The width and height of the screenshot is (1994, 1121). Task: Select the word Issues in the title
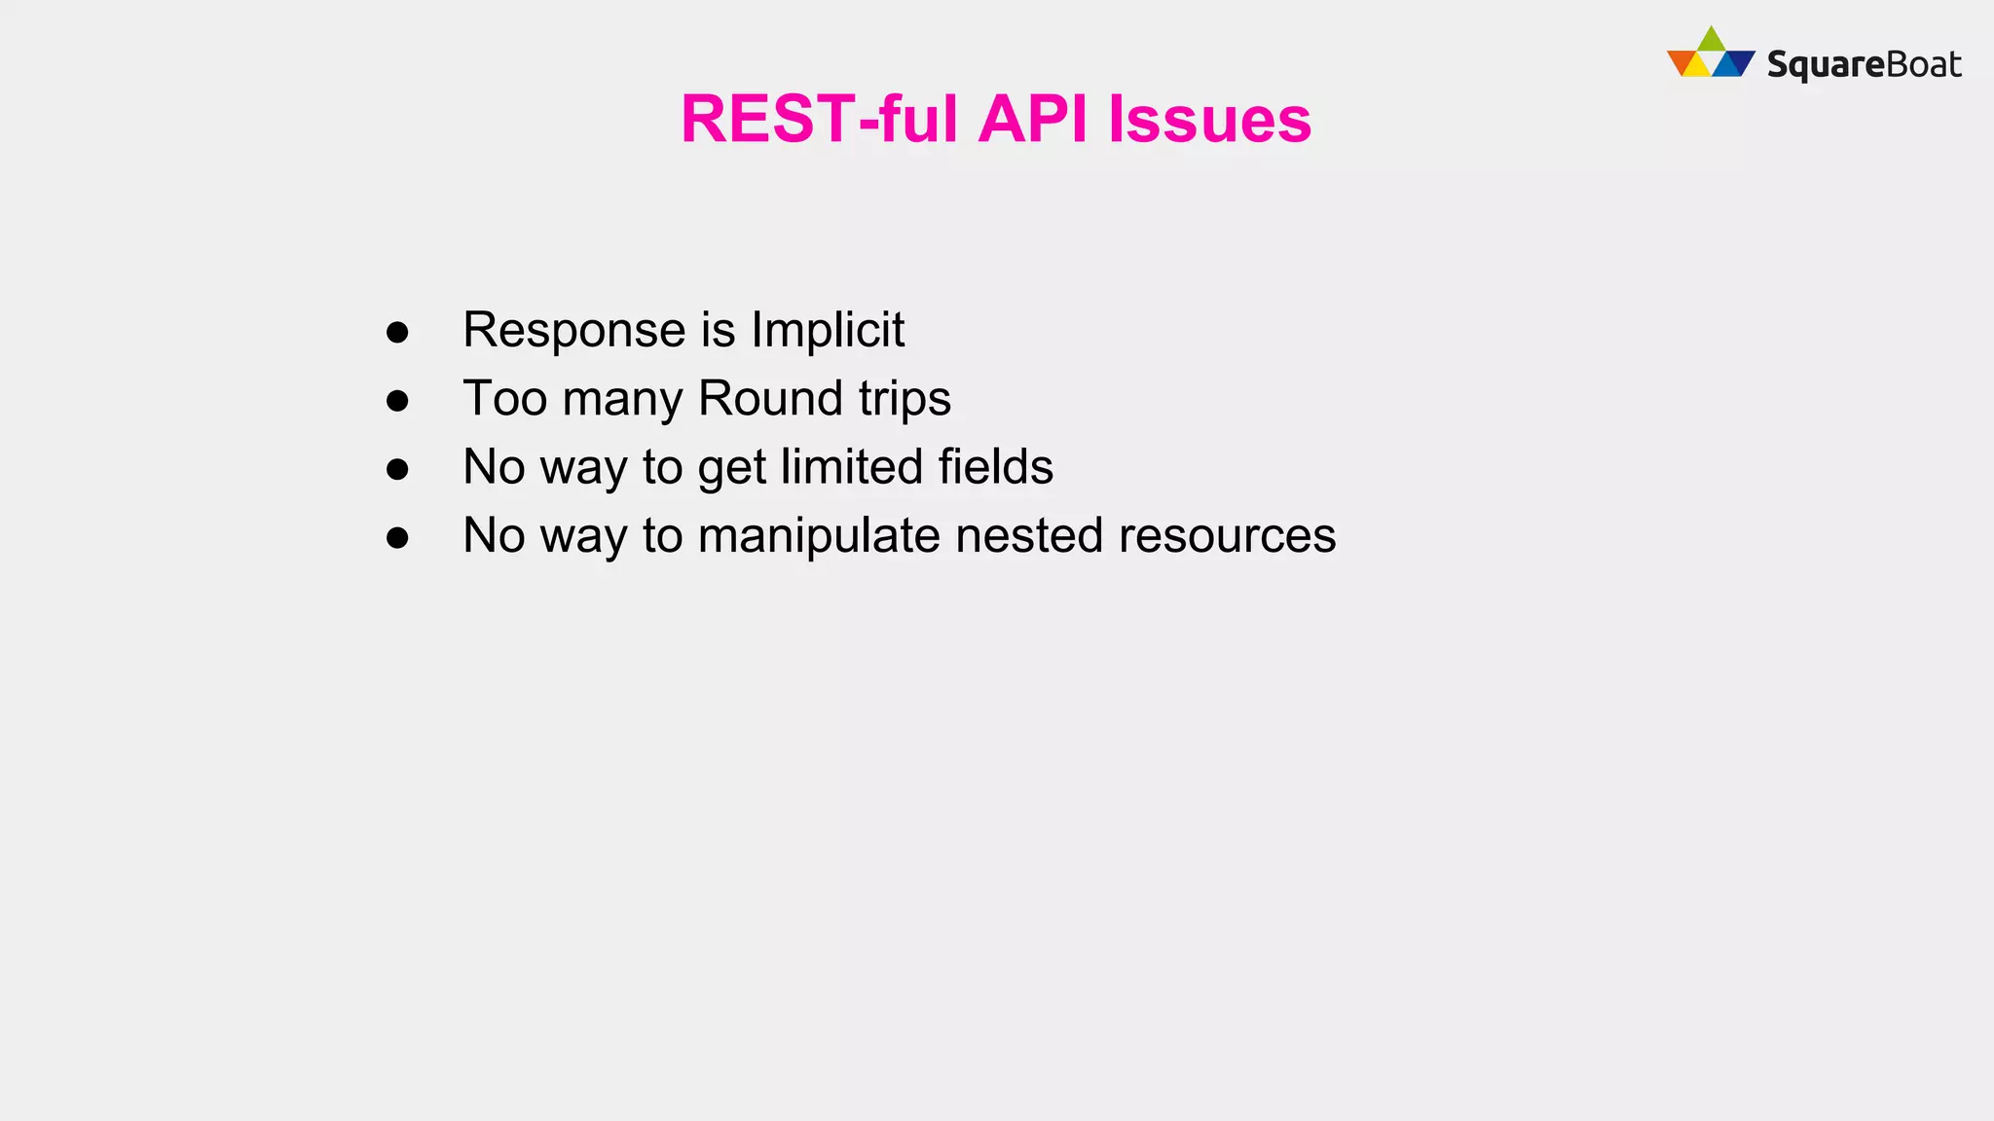pos(1209,120)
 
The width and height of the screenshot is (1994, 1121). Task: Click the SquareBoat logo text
pos(1864,65)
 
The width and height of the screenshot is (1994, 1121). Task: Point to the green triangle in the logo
pos(1711,41)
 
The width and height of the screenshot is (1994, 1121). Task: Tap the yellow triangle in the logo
pos(1696,66)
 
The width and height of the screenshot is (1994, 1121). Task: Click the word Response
pos(573,331)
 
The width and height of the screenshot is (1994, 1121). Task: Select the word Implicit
pos(828,331)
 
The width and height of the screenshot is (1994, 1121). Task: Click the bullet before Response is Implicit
pos(397,332)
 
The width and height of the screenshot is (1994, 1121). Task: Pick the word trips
pos(905,400)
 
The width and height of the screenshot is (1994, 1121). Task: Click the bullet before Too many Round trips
pos(397,400)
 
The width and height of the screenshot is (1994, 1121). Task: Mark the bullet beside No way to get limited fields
pos(397,469)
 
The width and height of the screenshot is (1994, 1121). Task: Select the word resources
pos(1227,536)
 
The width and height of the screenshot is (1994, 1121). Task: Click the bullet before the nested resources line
pos(397,537)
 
